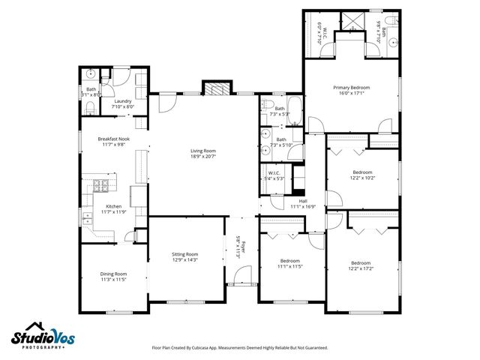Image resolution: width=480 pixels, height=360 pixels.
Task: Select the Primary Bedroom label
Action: tap(351, 88)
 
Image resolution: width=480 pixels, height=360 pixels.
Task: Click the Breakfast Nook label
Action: tap(113, 139)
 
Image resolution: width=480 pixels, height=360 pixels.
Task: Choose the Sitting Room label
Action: tap(185, 254)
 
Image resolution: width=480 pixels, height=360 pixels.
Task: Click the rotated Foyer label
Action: tap(237, 247)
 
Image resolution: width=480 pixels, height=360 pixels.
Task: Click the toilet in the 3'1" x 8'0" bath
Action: tap(89, 110)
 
